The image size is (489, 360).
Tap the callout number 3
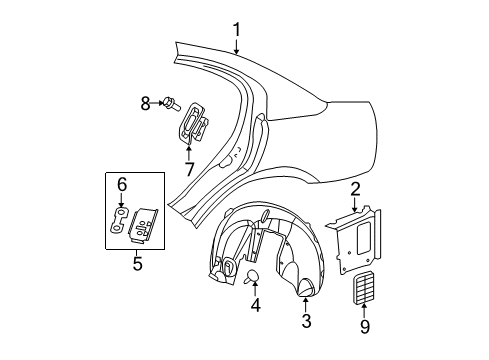point(306,320)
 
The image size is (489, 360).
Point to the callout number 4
point(254,305)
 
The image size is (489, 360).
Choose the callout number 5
point(138,264)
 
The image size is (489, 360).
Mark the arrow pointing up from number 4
point(253,290)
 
